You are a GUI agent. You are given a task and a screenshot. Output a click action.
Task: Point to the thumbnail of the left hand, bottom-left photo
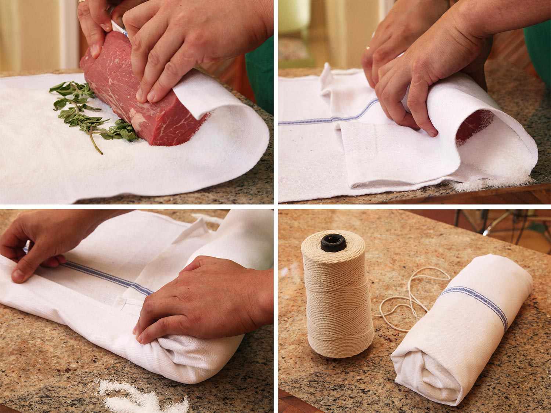[17, 273]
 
